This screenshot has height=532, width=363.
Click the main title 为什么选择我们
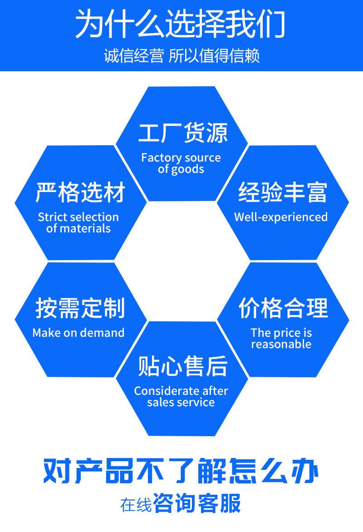tap(180, 24)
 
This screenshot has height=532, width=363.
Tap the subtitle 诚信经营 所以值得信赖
tap(181, 57)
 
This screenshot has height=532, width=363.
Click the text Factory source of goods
tap(181, 163)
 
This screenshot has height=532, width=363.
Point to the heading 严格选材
tap(80, 193)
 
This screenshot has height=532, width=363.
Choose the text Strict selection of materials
tap(78, 222)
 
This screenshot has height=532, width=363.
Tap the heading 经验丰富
tap(282, 193)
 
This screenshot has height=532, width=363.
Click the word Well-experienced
tap(281, 217)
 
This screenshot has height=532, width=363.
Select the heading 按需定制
tap(80, 309)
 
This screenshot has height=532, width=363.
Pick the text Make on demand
tap(78, 333)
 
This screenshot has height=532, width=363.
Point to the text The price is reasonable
tap(281, 338)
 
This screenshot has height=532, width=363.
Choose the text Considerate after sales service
tap(181, 396)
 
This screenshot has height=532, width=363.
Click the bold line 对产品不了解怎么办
tap(181, 472)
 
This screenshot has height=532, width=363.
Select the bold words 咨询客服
tap(197, 504)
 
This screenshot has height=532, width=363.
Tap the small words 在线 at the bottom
tap(136, 505)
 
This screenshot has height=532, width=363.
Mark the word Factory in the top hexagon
tap(157, 158)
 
